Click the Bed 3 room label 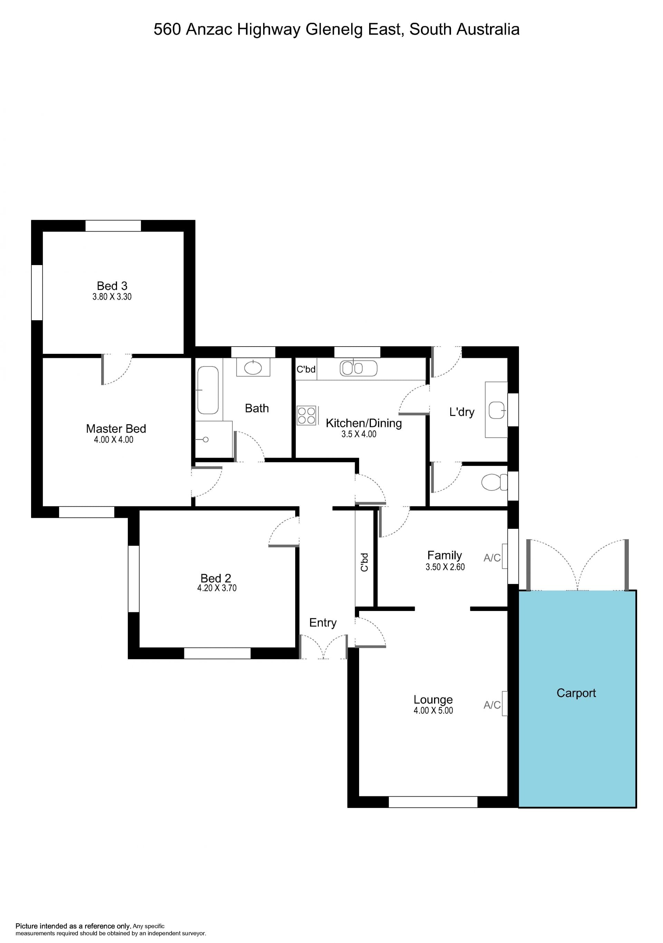point(112,285)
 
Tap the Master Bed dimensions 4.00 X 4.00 point(114,439)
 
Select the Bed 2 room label point(216,578)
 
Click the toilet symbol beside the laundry point(494,482)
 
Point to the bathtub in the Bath point(208,390)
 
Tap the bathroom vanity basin point(253,368)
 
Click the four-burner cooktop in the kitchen point(306,415)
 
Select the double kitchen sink point(358,368)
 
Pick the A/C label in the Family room point(492,557)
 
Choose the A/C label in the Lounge point(492,705)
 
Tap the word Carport point(576,693)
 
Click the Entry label point(323,623)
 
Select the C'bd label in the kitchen point(306,369)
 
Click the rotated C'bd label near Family point(364,562)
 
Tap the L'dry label point(462,412)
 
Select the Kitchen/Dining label point(364,423)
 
